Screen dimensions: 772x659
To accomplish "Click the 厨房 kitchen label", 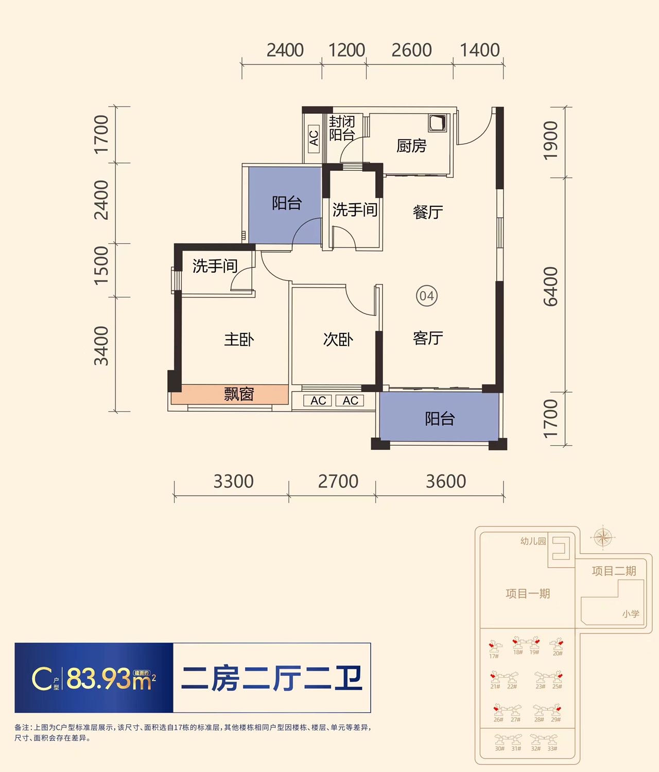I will pyautogui.click(x=411, y=146).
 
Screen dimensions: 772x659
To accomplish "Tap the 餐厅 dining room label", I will pyautogui.click(x=428, y=212).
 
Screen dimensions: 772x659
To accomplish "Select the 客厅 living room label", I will pyautogui.click(x=428, y=338).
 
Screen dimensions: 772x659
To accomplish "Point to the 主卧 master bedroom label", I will pyautogui.click(x=239, y=340).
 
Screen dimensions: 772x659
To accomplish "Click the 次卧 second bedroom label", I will pyautogui.click(x=338, y=340).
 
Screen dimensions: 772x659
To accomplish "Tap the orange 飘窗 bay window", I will pyautogui.click(x=230, y=394).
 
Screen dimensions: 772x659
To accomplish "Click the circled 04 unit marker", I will pyautogui.click(x=427, y=296).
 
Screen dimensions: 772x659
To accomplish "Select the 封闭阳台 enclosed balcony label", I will pyautogui.click(x=342, y=129).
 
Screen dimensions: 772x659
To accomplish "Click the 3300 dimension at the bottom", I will pyautogui.click(x=233, y=482).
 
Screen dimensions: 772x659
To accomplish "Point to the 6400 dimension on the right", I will pyautogui.click(x=550, y=287).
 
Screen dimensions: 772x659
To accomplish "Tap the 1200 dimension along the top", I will pyautogui.click(x=346, y=50).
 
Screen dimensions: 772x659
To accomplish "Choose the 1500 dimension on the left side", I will pyautogui.click(x=102, y=266).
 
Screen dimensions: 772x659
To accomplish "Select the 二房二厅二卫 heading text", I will pyautogui.click(x=272, y=678).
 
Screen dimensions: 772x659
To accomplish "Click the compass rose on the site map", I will pyautogui.click(x=602, y=538).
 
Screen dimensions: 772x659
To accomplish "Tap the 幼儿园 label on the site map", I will pyautogui.click(x=533, y=541).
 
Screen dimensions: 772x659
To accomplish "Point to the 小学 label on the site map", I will pyautogui.click(x=631, y=613).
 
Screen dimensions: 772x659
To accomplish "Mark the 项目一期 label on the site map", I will pyautogui.click(x=528, y=594).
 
